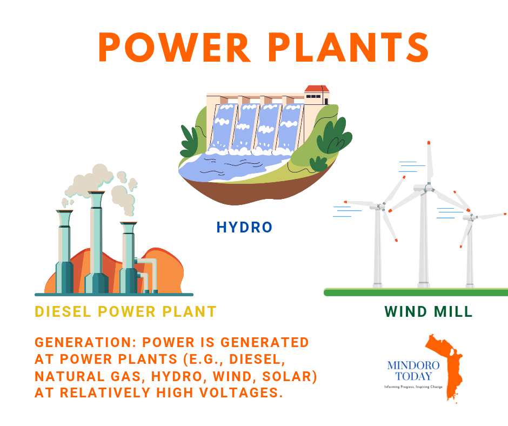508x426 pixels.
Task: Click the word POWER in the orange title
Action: pos(175,47)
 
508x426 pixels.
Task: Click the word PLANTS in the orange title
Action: pos(349,47)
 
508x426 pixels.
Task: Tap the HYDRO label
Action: pos(244,227)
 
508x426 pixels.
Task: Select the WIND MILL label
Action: pos(429,311)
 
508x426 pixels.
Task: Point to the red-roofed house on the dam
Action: pos(317,95)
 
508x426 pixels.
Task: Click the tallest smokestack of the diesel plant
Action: pos(97,242)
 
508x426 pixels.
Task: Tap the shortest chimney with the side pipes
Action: pos(129,257)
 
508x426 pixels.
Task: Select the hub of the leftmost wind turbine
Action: pos(381,205)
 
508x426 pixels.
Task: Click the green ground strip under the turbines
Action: pos(416,292)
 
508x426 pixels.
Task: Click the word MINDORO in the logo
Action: pos(413,365)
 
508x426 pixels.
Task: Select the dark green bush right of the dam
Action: pos(333,136)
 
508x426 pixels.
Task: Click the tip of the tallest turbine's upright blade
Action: pos(429,143)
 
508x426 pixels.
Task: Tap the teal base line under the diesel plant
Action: pos(114,295)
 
